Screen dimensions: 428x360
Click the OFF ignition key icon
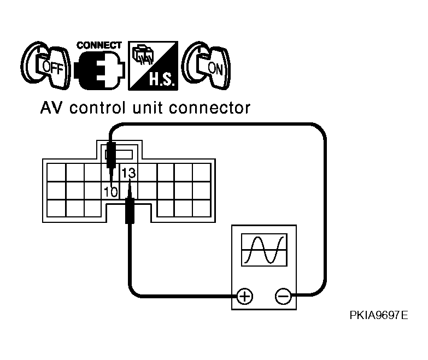coord(45,66)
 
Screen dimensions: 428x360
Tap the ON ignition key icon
coord(206,66)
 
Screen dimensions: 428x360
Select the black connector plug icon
coord(99,70)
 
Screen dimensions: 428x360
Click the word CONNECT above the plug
coord(99,45)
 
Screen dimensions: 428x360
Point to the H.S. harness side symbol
coord(153,66)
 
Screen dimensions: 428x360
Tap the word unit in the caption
coord(148,108)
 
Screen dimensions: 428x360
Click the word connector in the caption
coord(209,108)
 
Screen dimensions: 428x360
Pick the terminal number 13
coord(128,173)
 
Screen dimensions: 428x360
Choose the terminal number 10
coord(110,192)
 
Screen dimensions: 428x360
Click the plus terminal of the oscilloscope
coord(244,296)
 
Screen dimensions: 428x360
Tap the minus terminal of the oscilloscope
coord(283,296)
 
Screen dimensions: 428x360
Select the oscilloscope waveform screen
coord(264,250)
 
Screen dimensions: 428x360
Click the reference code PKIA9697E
coord(379,315)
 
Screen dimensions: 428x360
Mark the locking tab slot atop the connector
coord(119,155)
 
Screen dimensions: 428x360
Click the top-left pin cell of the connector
coord(56,173)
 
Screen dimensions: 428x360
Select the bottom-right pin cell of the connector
coord(202,208)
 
